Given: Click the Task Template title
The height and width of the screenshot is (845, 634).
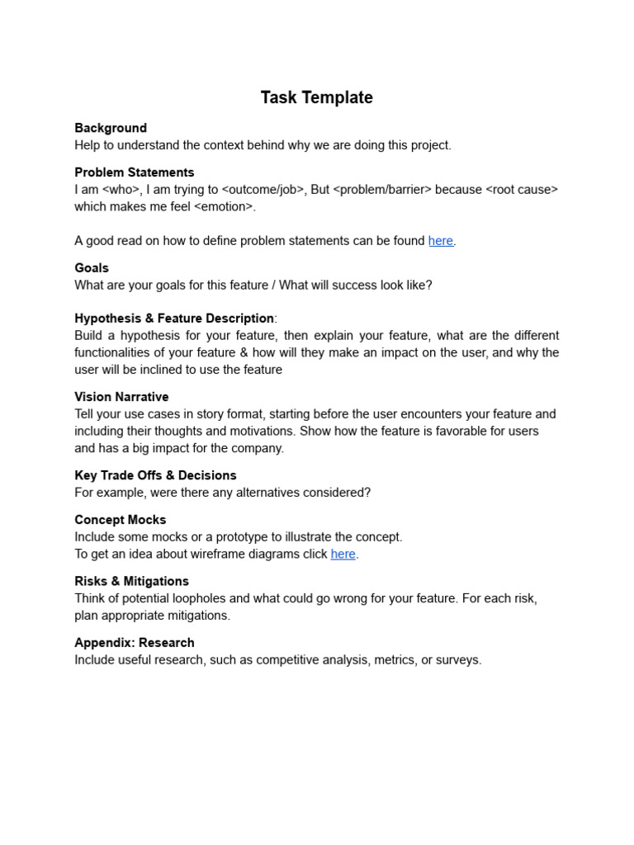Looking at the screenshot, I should (x=316, y=97).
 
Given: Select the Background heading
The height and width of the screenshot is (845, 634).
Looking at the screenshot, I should (x=111, y=128).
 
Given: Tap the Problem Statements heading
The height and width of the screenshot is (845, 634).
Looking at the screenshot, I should (x=134, y=172).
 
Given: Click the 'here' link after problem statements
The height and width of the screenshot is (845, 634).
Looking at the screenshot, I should (x=440, y=241).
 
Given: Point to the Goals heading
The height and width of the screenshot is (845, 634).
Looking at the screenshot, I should (x=92, y=268).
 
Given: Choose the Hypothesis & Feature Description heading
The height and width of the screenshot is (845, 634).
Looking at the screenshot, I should (x=174, y=319).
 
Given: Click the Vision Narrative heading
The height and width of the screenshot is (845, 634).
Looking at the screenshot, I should (x=121, y=397).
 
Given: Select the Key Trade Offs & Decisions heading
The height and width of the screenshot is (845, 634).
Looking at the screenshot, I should (x=155, y=475).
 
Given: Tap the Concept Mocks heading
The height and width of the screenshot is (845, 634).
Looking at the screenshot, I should (x=120, y=520).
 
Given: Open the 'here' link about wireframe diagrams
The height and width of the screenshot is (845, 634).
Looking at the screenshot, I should (x=343, y=555).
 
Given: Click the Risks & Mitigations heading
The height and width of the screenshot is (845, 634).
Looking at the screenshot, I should (x=131, y=581).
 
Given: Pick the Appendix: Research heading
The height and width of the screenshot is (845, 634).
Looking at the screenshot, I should (x=135, y=643).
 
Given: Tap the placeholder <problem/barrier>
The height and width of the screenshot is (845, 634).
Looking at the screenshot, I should (x=382, y=190).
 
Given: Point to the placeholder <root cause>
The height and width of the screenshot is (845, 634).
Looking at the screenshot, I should (x=522, y=190).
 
